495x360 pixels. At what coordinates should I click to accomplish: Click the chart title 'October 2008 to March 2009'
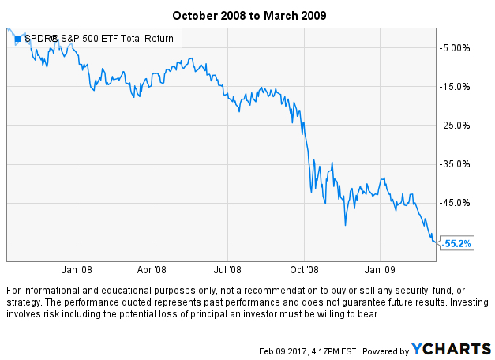pyautogui.click(x=247, y=15)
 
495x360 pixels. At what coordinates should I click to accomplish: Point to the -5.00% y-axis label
pyautogui.click(x=456, y=48)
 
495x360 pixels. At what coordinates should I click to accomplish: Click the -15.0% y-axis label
pyautogui.click(x=456, y=87)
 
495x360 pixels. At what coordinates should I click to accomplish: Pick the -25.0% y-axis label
pyautogui.click(x=456, y=126)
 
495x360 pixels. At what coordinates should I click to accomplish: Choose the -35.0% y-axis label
pyautogui.click(x=456, y=164)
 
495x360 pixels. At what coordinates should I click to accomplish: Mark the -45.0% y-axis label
pyautogui.click(x=456, y=203)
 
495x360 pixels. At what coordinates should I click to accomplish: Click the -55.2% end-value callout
pyautogui.click(x=456, y=244)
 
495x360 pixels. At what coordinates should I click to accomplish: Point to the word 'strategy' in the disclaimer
pyautogui.click(x=22, y=303)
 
